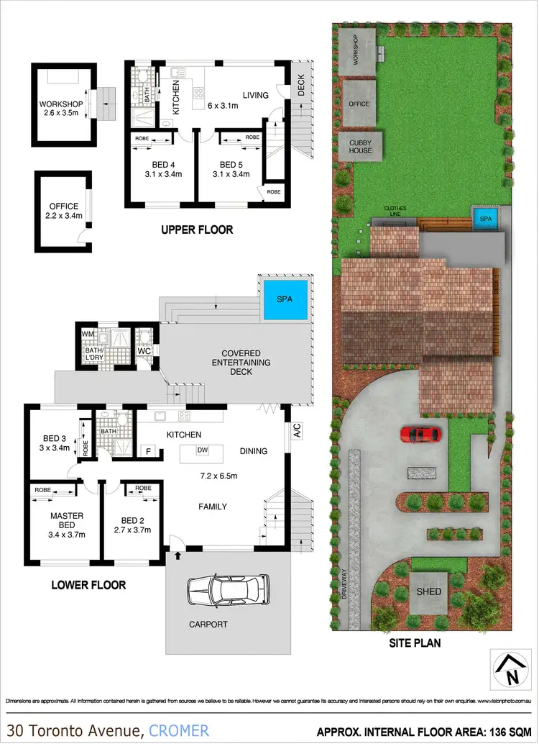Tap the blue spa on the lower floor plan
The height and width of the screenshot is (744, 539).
tap(285, 299)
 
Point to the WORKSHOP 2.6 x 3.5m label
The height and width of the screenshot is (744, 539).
tap(61, 109)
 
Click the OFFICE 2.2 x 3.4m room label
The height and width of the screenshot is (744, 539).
tap(63, 210)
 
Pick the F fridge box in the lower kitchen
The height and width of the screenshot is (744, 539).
tap(149, 451)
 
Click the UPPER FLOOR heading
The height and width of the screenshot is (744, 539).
tap(197, 230)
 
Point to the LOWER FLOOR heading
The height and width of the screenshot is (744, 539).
tap(88, 585)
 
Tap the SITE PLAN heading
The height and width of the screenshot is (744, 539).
tap(415, 643)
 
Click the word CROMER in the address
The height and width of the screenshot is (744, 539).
tap(179, 730)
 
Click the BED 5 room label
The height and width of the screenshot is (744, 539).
tap(231, 168)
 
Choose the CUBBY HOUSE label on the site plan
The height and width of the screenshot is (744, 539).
tap(360, 147)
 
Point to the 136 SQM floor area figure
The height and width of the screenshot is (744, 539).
tap(506, 731)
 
